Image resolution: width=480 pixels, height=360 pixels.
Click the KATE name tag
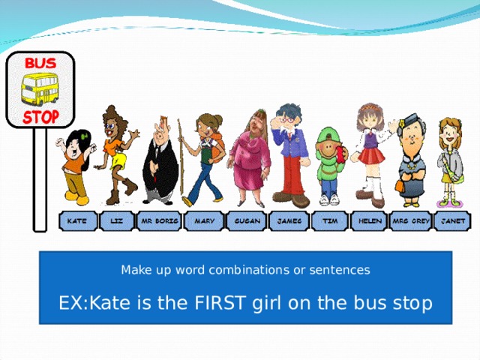[76, 222]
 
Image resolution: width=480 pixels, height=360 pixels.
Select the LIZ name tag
[117, 222]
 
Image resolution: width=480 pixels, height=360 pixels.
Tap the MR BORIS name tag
[158, 222]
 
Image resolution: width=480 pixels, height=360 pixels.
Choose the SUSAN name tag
[247, 222]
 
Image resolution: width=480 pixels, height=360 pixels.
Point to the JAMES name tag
[289, 222]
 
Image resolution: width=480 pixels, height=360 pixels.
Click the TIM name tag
[329, 222]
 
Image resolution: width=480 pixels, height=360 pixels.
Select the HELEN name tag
[370, 222]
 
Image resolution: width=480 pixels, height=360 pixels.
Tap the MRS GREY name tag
[411, 222]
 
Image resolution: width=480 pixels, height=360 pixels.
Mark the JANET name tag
[452, 222]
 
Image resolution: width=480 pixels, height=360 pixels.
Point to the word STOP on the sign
[40, 118]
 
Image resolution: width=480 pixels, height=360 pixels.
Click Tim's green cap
[328, 136]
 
